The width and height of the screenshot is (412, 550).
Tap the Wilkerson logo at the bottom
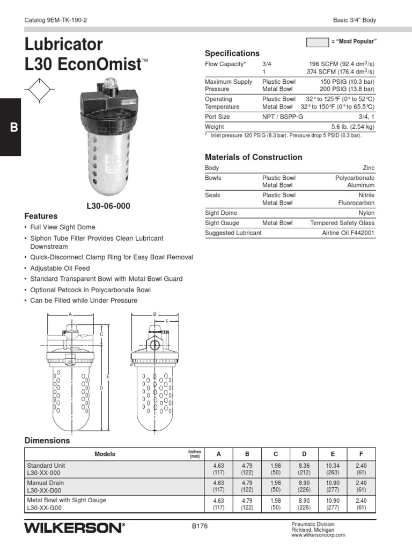point(75,528)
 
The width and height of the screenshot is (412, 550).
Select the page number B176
point(200,526)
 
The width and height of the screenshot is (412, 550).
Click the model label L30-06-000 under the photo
point(108,206)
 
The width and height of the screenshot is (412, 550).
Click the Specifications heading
point(232,53)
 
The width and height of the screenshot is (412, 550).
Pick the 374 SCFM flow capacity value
point(341,71)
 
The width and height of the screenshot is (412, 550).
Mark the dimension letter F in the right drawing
point(167,321)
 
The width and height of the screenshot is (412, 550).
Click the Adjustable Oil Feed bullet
point(60,268)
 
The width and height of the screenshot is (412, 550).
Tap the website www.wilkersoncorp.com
point(318,535)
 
